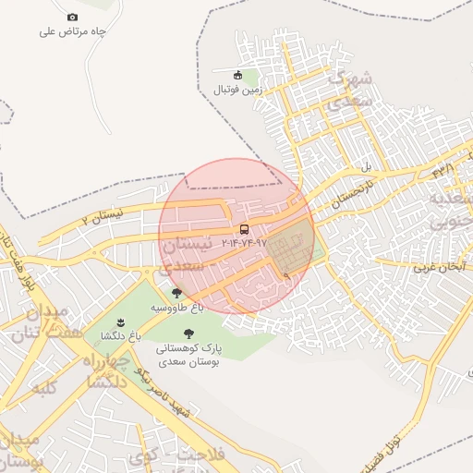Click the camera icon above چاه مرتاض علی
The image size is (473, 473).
coord(73,17)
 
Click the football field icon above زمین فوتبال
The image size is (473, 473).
coord(238,75)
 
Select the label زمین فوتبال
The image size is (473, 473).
coord(238,90)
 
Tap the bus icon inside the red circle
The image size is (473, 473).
coord(244,229)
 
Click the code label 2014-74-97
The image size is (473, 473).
coord(244,242)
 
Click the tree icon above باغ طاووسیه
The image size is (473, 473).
coord(176,293)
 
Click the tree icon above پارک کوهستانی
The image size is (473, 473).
coord(189,334)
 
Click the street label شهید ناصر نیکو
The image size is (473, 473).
coord(162,393)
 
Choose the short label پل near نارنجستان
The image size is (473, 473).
coord(365,168)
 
